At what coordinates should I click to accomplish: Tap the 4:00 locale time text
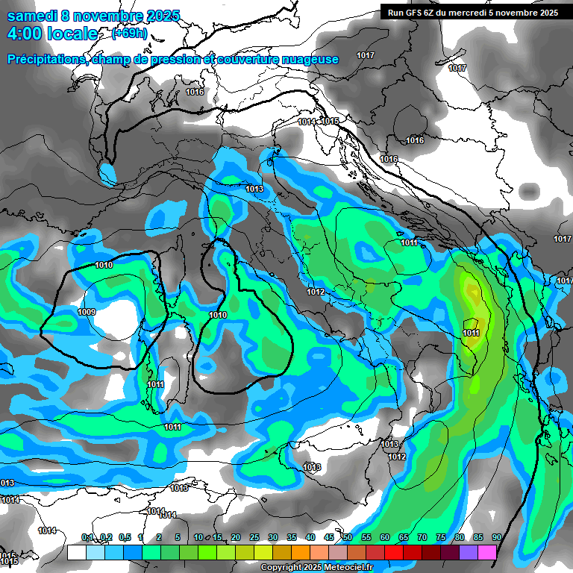(52, 34)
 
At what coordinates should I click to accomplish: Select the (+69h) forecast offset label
(129, 34)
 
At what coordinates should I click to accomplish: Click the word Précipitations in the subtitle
(45, 59)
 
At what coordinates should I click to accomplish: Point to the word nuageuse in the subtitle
(307, 59)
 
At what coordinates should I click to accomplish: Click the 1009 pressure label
(87, 312)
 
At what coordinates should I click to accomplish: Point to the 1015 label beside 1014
(331, 122)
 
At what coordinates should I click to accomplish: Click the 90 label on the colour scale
(496, 537)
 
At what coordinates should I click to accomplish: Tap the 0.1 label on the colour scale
(87, 537)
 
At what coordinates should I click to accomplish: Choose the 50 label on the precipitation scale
(348, 537)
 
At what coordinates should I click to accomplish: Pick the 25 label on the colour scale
(254, 537)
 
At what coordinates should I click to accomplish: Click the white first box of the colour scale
(76, 552)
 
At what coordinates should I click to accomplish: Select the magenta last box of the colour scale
(487, 552)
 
